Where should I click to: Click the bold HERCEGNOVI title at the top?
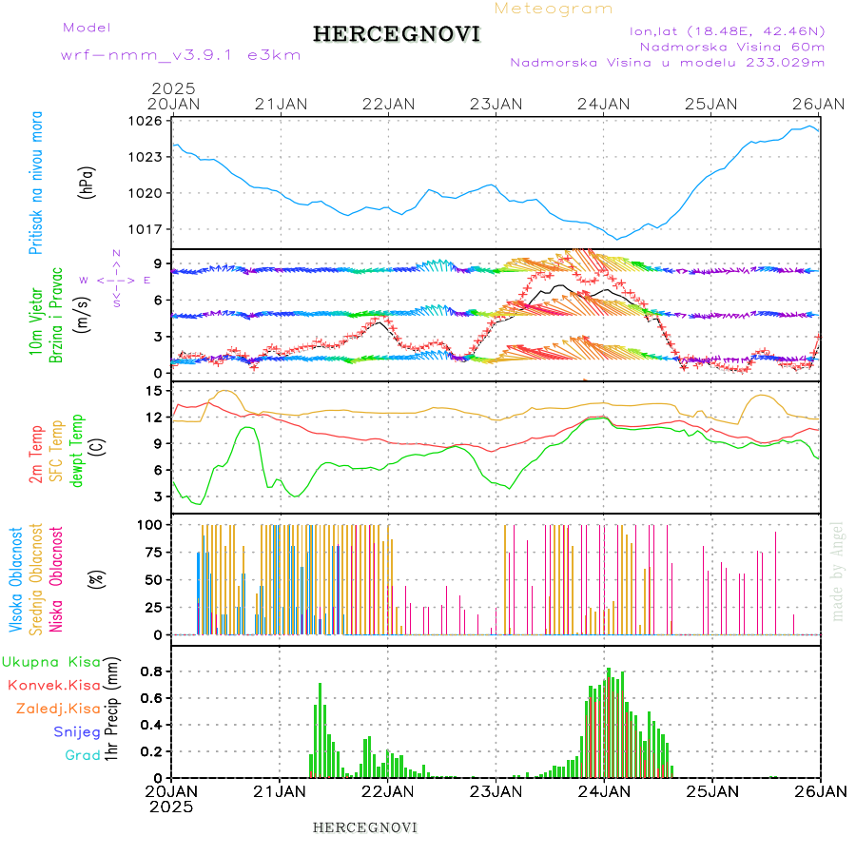[x=397, y=34]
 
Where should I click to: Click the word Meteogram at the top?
[x=554, y=9]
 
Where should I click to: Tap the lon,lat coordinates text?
[x=727, y=30]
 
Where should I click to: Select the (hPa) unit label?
[x=88, y=182]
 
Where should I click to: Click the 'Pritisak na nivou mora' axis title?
[x=36, y=183]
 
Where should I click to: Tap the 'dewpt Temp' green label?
[x=76, y=448]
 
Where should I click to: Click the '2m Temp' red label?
[x=36, y=455]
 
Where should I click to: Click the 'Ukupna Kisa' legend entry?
[x=50, y=661]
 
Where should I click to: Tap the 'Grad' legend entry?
[x=83, y=755]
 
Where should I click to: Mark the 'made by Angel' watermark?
[x=838, y=571]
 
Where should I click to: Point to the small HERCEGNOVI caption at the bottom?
[x=365, y=827]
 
